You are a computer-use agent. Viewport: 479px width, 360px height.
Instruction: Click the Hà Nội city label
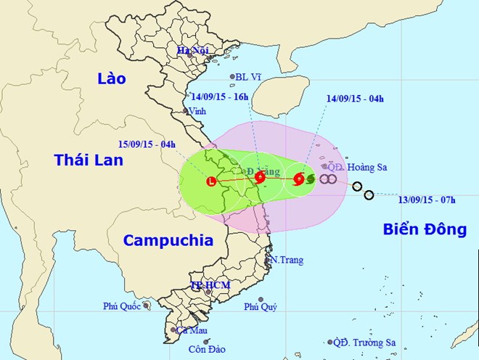pos(194,50)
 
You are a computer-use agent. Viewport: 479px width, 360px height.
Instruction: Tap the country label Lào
pos(111,78)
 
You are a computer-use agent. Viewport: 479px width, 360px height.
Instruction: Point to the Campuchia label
pos(168,240)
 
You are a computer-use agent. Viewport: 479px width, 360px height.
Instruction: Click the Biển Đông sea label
pos(424,230)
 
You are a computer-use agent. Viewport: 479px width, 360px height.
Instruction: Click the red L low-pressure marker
pos(212,181)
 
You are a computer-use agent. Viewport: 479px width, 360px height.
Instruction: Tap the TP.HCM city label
pos(210,285)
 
